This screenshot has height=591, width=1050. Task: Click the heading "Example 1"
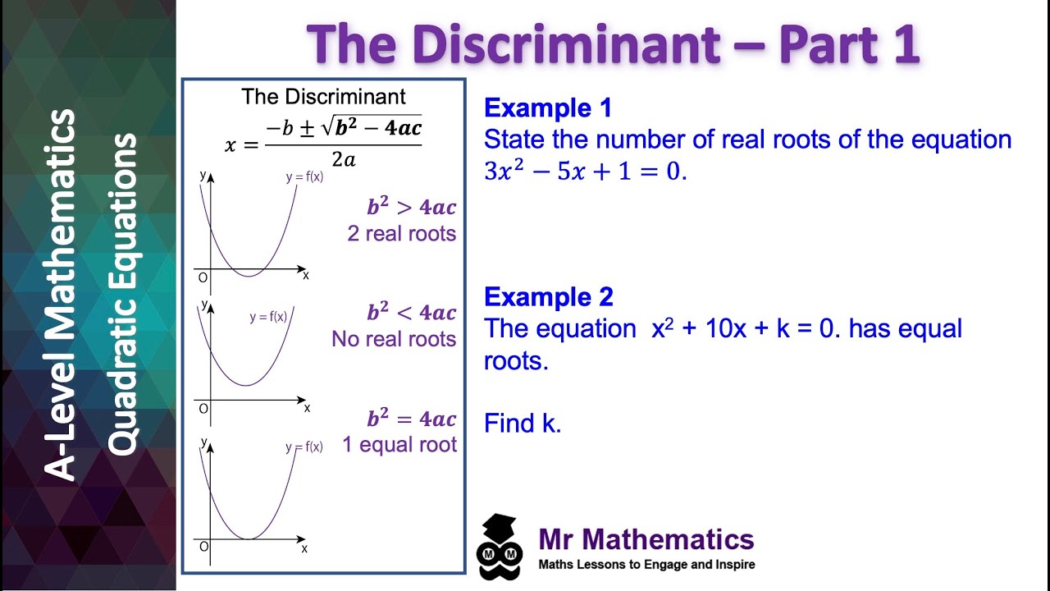548,108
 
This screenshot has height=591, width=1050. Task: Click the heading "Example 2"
548,297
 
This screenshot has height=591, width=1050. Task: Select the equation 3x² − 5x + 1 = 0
585,171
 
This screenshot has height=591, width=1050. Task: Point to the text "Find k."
523,424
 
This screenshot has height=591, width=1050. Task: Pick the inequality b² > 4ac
412,208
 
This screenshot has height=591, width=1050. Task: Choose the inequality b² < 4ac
412,313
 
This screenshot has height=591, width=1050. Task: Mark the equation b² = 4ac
412,419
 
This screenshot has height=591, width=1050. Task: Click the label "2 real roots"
402,234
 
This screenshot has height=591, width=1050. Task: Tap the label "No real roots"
394,339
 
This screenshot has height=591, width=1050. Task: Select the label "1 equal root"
399,445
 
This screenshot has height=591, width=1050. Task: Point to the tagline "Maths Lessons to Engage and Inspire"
646,565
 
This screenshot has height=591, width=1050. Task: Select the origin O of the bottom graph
203,547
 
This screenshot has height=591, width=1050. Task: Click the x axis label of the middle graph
307,408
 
